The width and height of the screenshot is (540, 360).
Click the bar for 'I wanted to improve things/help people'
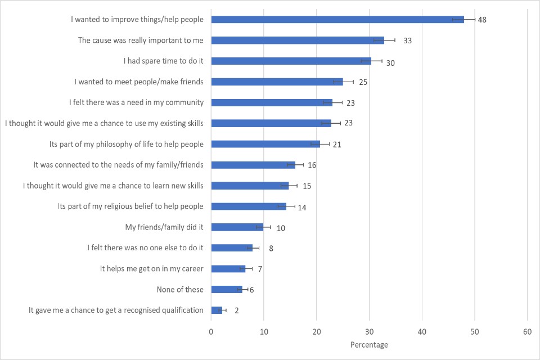(337, 20)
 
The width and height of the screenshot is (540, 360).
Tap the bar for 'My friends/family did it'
(237, 227)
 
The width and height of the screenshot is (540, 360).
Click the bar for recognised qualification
(217, 310)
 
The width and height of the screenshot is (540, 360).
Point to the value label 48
(482, 20)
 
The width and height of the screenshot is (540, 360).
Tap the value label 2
(237, 310)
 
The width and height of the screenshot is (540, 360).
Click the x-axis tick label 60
(527, 332)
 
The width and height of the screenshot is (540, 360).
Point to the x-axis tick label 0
(211, 332)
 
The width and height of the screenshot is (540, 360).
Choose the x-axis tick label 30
(369, 332)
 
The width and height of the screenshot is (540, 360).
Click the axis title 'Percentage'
(369, 344)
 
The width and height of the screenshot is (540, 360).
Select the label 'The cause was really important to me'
(141, 40)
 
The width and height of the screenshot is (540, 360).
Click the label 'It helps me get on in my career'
(152, 269)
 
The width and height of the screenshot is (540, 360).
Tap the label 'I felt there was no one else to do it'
(146, 248)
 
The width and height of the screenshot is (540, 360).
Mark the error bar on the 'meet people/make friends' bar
(343, 82)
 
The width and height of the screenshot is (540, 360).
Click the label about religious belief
(130, 206)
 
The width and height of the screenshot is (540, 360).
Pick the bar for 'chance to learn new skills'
(250, 186)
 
